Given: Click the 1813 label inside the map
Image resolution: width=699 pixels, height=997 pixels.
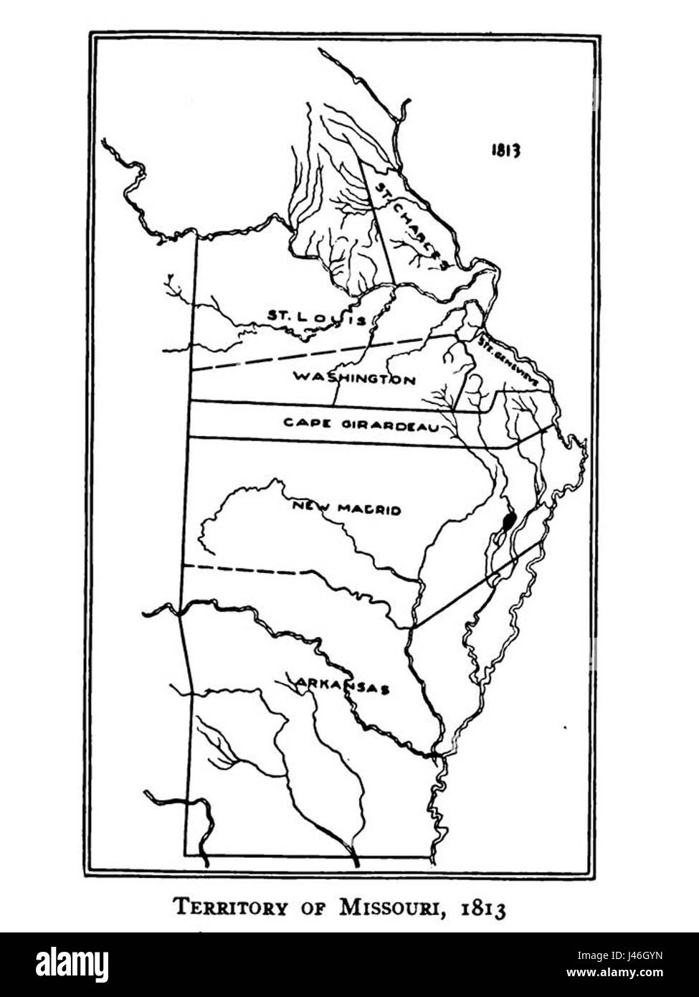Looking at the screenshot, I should (505, 150).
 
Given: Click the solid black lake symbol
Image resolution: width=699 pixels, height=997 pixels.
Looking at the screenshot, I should (509, 519).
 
